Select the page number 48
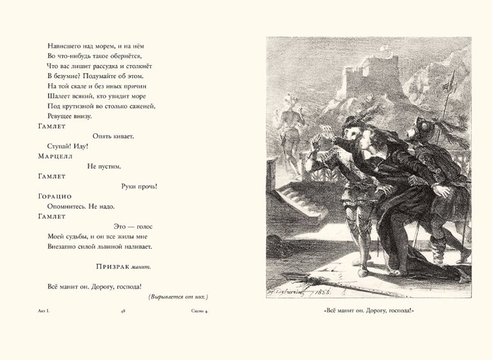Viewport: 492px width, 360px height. pyautogui.click(x=123, y=312)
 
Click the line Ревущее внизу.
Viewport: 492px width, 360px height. pyautogui.click(x=70, y=116)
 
